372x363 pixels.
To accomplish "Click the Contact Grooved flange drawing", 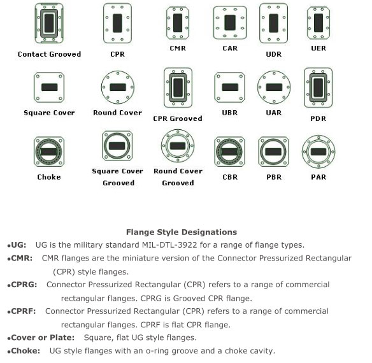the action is (x=49, y=24).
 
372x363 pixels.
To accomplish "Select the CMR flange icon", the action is (x=178, y=23).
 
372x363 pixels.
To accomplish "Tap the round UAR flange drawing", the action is (x=274, y=87).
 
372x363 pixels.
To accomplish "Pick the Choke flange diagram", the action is (x=49, y=152).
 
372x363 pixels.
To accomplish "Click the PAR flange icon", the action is (x=318, y=152).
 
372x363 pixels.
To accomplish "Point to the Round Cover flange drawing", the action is (x=118, y=87).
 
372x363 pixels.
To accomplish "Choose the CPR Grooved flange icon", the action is (x=178, y=87).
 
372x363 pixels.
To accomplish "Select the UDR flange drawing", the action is (x=273, y=23).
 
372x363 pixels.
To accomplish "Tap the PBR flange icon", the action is (x=273, y=152).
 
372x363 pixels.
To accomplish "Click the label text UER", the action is (x=318, y=48).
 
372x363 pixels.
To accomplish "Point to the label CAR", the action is (x=230, y=48).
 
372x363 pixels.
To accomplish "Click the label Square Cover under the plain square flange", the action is (x=49, y=113).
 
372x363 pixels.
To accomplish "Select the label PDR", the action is (x=318, y=118).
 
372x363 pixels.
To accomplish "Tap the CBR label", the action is (x=230, y=177).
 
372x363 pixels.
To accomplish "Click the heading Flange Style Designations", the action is (x=182, y=232).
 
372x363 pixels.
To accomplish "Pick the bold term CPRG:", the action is (x=24, y=285).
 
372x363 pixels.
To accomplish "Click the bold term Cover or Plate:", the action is (x=43, y=338).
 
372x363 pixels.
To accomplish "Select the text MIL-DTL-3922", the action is (x=169, y=245).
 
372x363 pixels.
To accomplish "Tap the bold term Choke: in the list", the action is (x=25, y=351).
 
